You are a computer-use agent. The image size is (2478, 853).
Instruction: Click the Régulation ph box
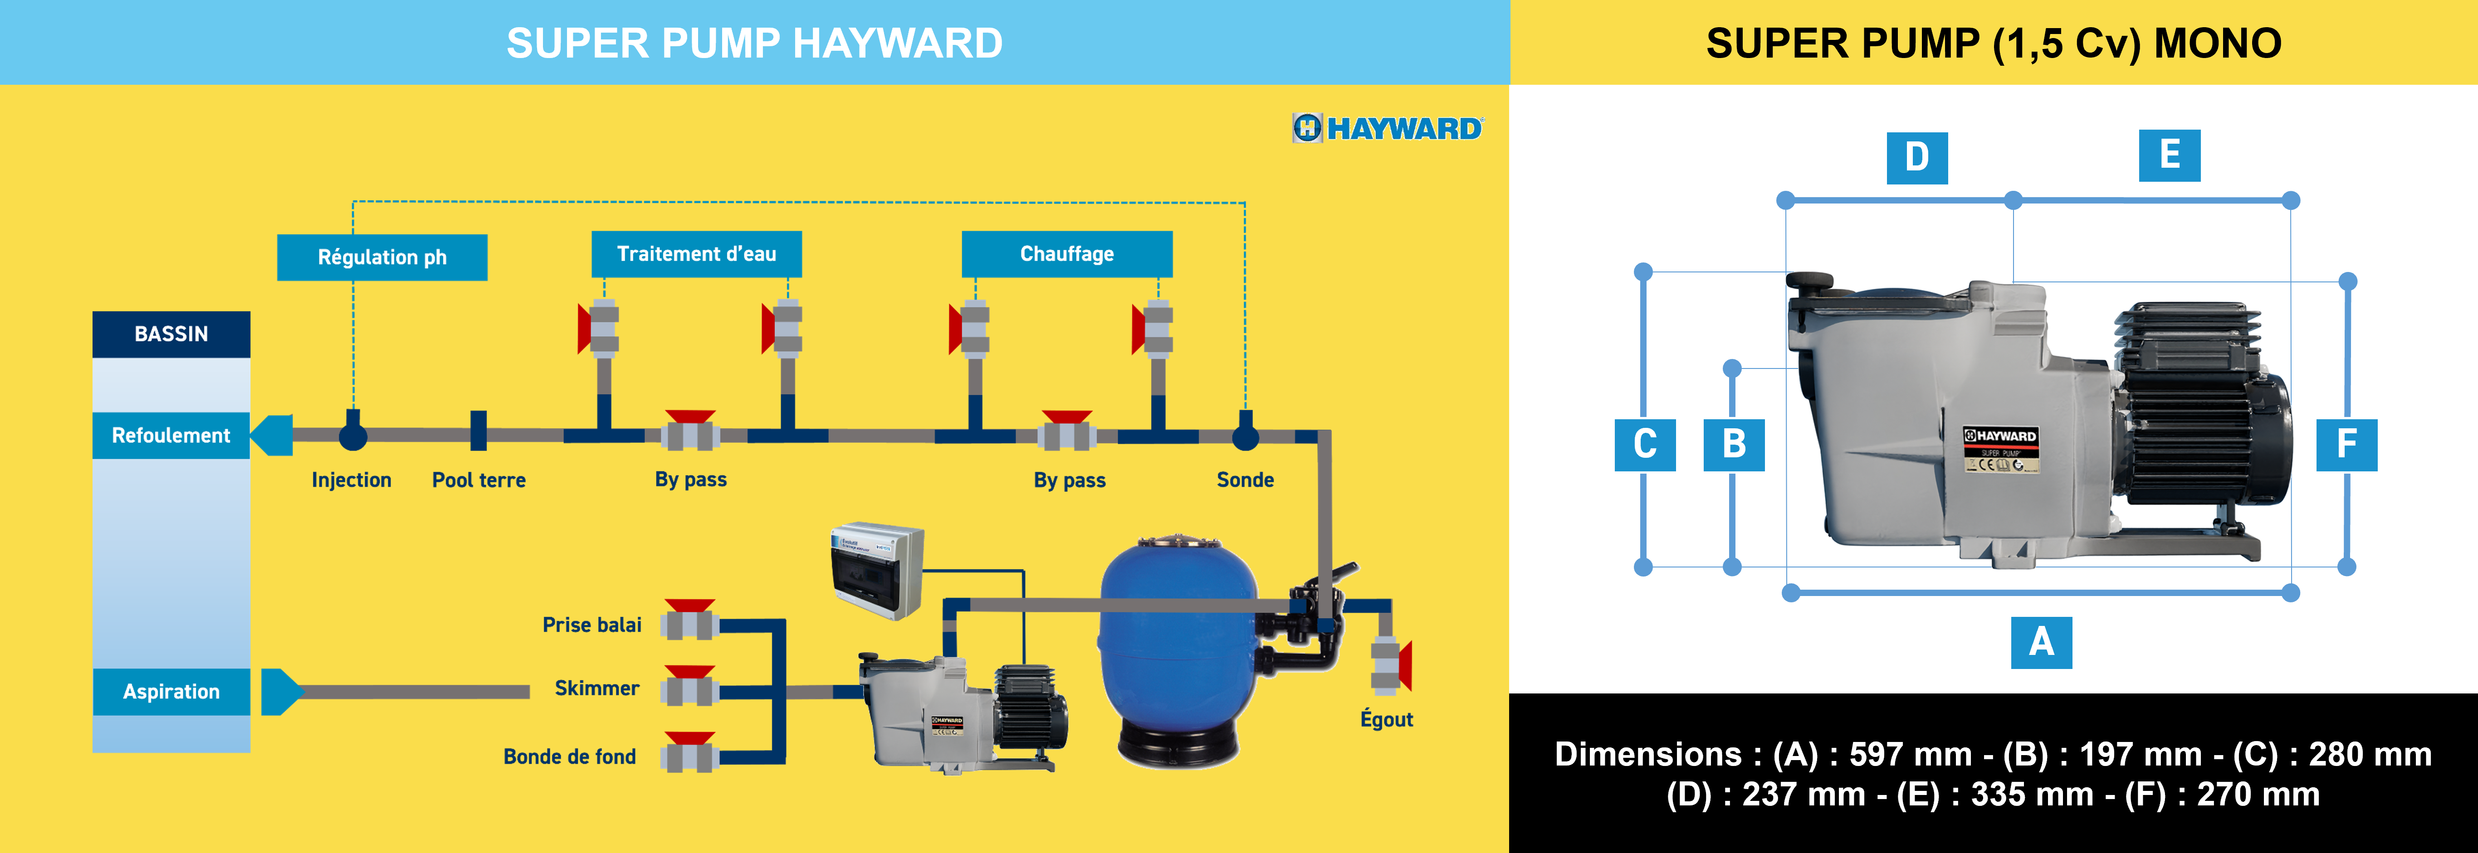pos(382,257)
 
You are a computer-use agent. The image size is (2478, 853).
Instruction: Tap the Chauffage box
pos(1067,254)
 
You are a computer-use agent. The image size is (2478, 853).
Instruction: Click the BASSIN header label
pos(171,334)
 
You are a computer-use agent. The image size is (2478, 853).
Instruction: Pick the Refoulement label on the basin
pos(171,436)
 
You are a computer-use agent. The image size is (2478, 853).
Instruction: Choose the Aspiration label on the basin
pos(171,692)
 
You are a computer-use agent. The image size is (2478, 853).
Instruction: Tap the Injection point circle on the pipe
pos(353,436)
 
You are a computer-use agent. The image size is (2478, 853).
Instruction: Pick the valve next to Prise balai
pos(690,620)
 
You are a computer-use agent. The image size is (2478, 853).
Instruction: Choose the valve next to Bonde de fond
pos(690,753)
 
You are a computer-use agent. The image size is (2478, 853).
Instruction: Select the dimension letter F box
pos(2346,444)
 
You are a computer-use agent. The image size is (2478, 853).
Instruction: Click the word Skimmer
pos(596,688)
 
